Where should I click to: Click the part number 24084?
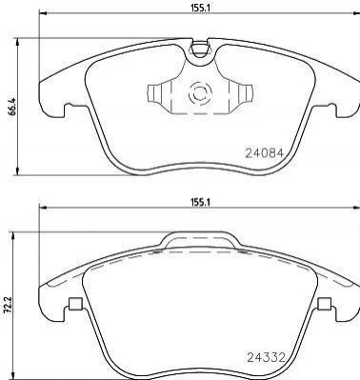[x=264, y=153]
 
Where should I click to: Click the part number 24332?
[x=266, y=358]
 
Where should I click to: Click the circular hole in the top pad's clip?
[x=200, y=94]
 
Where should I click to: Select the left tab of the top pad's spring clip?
[x=156, y=93]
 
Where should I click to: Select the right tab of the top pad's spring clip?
[x=244, y=94]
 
